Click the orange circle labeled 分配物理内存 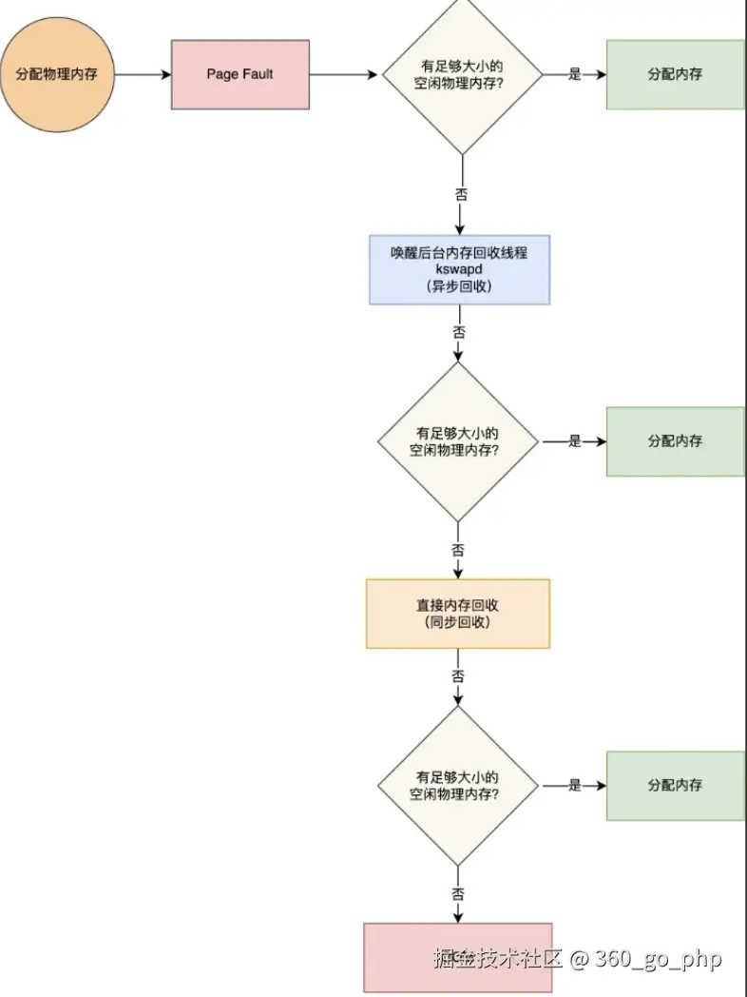(57, 74)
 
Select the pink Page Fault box (239, 74)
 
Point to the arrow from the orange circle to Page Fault (142, 74)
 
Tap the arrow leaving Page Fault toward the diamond (344, 74)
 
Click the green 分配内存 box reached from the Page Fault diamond (675, 74)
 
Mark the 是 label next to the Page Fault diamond (575, 74)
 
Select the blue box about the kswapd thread (460, 269)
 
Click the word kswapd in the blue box (460, 269)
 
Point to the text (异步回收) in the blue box (460, 285)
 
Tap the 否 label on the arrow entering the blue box (461, 194)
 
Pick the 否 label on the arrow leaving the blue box (459, 333)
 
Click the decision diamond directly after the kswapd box (459, 441)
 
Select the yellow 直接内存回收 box (458, 614)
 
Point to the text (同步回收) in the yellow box (458, 622)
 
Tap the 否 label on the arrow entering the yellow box (458, 551)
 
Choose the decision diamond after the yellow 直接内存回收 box (458, 786)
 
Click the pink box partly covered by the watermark (399, 957)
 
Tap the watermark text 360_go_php (659, 958)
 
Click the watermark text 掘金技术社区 (498, 958)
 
